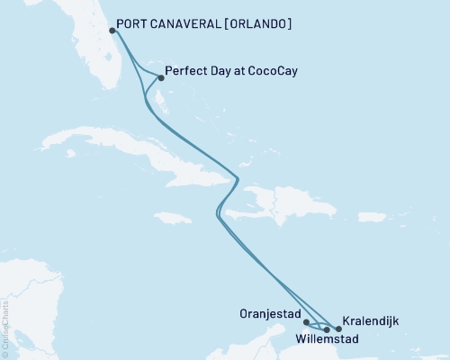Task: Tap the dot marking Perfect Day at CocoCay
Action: tap(160, 77)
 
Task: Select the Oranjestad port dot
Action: tap(306, 321)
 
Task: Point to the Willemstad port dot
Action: tap(327, 329)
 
